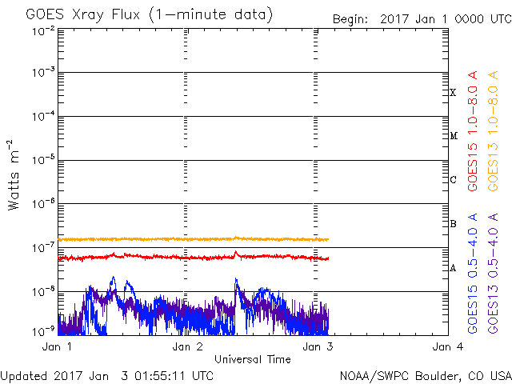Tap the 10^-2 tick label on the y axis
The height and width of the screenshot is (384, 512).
(x=44, y=30)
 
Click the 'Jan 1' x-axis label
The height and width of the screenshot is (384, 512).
(x=58, y=347)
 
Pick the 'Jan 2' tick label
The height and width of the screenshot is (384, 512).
(x=187, y=347)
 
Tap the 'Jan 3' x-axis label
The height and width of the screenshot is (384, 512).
(x=318, y=347)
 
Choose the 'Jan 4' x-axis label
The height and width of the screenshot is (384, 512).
(x=447, y=347)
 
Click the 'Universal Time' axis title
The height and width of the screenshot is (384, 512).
(x=253, y=359)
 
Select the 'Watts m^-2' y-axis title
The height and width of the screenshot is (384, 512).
(x=14, y=174)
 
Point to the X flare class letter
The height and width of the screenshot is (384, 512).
(x=453, y=93)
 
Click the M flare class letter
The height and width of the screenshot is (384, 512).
(x=453, y=136)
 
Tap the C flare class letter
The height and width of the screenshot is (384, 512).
(x=453, y=180)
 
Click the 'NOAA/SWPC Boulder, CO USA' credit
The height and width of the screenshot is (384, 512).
(x=425, y=374)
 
